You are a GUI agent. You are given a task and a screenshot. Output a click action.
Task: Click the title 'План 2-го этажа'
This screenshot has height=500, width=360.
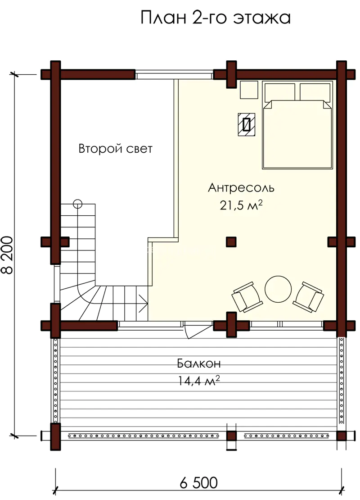(x=216, y=18)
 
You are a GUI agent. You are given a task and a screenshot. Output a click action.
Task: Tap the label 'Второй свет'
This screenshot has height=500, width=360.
(x=115, y=149)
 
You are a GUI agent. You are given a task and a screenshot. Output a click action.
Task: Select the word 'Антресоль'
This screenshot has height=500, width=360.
(x=241, y=187)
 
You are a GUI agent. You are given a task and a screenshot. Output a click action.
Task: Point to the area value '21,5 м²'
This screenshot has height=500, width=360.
(x=241, y=205)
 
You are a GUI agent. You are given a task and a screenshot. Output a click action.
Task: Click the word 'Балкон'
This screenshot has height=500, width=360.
(x=199, y=363)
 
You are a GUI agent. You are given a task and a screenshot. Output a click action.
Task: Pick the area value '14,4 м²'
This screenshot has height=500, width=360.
(x=199, y=380)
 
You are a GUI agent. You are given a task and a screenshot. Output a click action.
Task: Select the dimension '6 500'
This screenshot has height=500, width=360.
(x=199, y=482)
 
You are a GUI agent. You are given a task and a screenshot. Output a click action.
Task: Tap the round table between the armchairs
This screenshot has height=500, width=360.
(x=278, y=289)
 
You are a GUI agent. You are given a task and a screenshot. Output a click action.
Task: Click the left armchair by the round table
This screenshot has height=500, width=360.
(x=247, y=296)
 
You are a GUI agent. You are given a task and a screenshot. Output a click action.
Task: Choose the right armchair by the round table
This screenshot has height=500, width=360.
(x=308, y=296)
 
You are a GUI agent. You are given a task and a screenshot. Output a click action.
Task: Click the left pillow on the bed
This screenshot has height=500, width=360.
(x=280, y=92)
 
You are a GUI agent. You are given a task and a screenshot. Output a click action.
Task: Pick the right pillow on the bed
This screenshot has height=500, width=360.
(x=315, y=92)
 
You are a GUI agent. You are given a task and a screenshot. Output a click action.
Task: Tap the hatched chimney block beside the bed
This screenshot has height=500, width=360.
(x=246, y=124)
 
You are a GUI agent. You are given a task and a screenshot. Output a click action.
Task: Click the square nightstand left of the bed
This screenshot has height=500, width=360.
(x=249, y=90)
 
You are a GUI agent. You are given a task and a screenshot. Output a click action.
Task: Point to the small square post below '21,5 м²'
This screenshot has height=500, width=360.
(x=231, y=242)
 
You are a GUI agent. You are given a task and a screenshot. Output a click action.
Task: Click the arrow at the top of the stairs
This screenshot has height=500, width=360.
(x=143, y=303)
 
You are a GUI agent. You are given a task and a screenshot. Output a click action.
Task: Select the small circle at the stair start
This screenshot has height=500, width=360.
(x=77, y=204)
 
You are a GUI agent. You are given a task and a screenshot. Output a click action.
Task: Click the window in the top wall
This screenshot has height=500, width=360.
(x=174, y=76)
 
